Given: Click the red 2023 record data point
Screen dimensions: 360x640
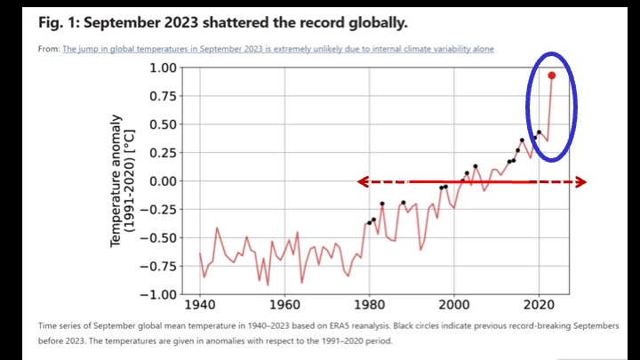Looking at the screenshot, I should [x=552, y=76].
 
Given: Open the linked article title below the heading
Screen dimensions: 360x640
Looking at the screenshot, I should [x=277, y=48].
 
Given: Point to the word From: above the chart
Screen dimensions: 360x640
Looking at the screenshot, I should [x=48, y=48].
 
